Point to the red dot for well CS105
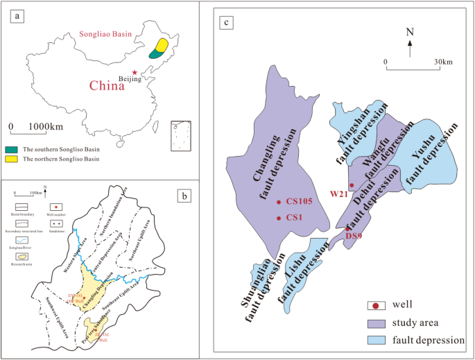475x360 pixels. tap(278, 202)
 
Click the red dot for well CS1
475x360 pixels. tap(278, 218)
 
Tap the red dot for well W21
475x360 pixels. tap(352, 185)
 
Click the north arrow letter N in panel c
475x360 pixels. tap(410, 33)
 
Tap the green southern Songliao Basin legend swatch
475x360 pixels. tap(12, 149)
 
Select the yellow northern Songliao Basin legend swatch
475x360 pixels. tap(12, 160)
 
